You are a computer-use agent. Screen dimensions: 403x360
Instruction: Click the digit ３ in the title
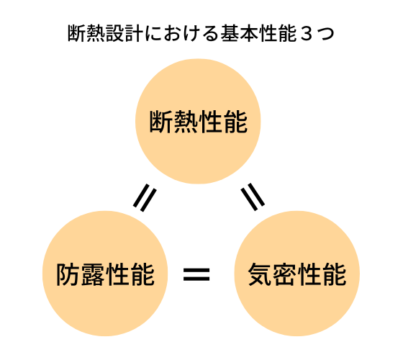coord(306,34)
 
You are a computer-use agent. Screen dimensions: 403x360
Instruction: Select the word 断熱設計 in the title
coord(105,33)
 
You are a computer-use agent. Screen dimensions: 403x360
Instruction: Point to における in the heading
coord(181,33)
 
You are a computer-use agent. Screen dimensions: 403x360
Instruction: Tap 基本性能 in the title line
coord(259,33)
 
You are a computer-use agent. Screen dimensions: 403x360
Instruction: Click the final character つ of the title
coord(325,35)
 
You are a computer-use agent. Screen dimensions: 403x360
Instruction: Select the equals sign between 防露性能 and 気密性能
coord(196,274)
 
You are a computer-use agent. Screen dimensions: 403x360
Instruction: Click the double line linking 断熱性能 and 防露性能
coord(145,198)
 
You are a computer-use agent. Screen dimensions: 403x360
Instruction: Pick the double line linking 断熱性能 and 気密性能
coord(253,197)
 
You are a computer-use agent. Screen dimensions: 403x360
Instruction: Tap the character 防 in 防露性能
coord(68,274)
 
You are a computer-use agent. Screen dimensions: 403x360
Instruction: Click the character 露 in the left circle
coord(93,274)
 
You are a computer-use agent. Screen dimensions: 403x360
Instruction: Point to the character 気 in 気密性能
coord(259,274)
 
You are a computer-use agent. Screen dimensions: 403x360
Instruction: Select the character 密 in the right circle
coord(284,274)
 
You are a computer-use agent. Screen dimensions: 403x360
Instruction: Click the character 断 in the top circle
coord(161,122)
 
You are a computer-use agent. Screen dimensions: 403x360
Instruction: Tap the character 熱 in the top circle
coord(186,122)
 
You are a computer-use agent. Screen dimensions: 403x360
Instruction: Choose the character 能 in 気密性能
coord(335,274)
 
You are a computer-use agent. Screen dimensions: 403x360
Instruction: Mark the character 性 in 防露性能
coord(117,274)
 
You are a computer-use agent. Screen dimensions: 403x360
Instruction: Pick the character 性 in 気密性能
coord(309,274)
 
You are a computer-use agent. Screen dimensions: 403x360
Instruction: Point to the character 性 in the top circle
coord(211,122)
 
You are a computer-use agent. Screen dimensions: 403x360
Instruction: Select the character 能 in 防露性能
coord(142,274)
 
